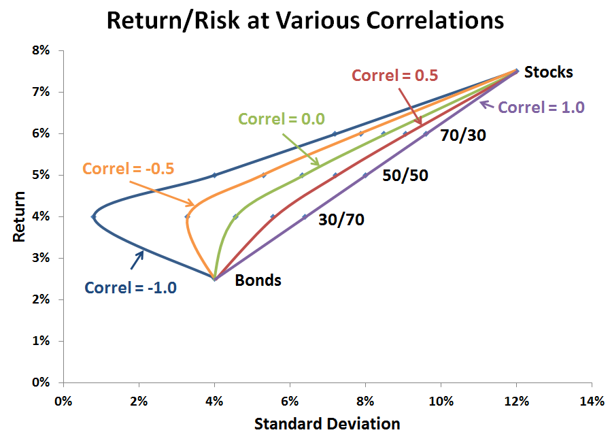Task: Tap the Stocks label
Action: (549, 72)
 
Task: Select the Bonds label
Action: (258, 280)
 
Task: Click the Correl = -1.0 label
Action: (131, 287)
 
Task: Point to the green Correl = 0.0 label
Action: (281, 118)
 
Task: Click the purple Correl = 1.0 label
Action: (541, 107)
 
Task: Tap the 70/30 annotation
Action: (463, 135)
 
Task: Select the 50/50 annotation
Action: (406, 175)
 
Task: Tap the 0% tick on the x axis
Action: (63, 401)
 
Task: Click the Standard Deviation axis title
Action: (327, 424)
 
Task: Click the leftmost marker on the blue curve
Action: (93, 216)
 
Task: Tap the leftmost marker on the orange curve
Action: (187, 216)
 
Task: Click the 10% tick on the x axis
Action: (441, 401)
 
